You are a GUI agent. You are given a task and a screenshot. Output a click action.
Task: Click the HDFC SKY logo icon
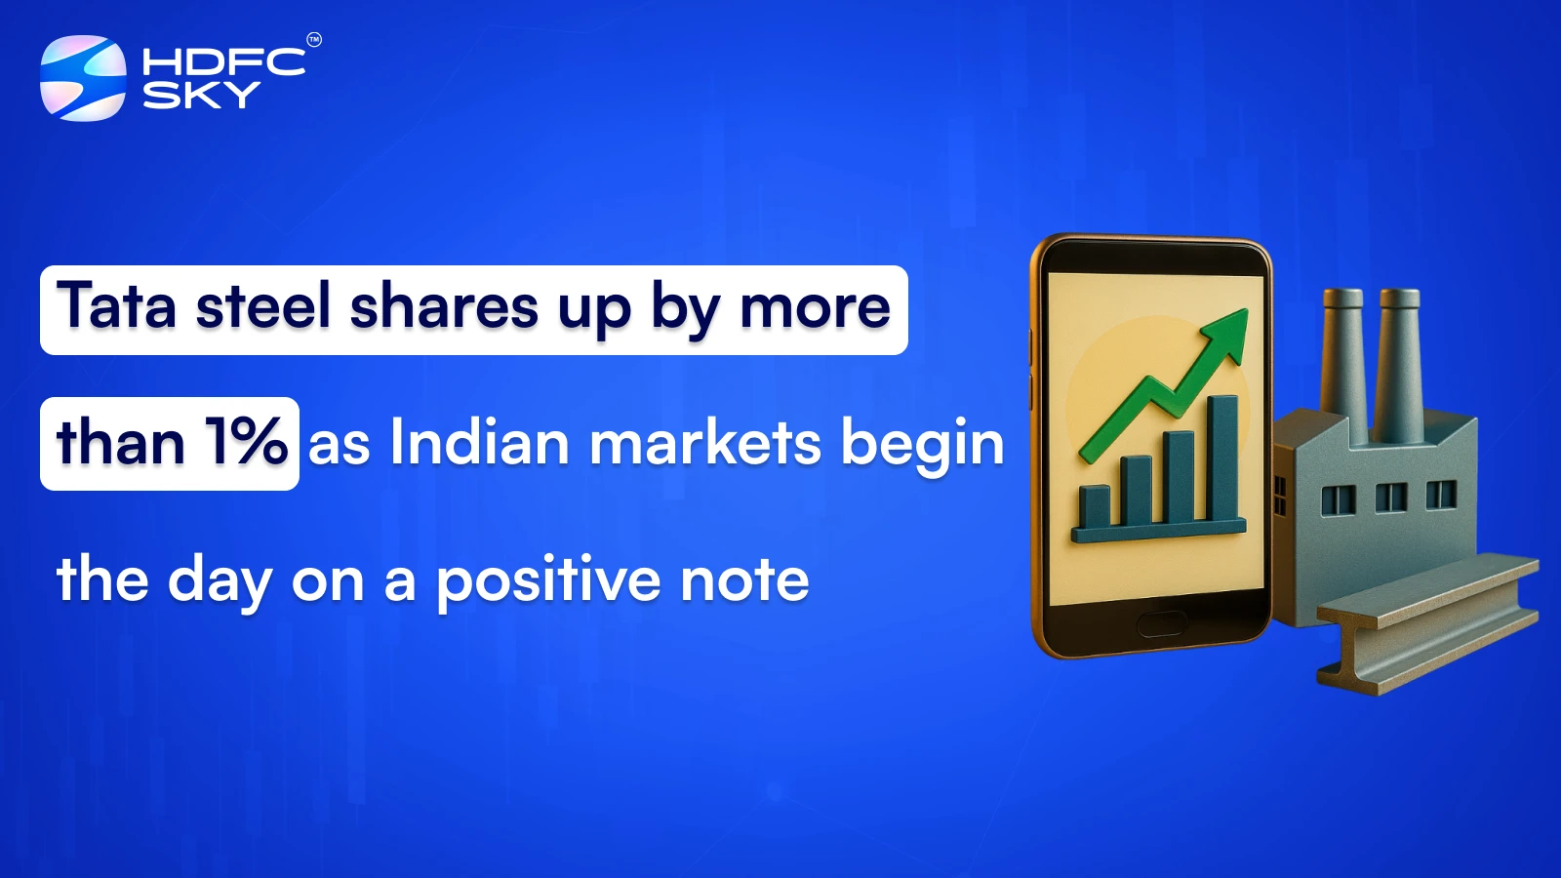point(83,78)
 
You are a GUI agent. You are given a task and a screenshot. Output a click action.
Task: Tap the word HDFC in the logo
point(223,62)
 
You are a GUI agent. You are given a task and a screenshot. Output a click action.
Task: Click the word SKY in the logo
point(201,95)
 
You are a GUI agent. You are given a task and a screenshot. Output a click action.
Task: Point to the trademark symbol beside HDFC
point(313,40)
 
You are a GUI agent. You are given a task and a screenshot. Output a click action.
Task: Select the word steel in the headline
point(263,306)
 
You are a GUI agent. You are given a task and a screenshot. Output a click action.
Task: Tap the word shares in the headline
point(444,306)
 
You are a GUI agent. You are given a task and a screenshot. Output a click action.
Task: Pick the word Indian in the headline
point(479,443)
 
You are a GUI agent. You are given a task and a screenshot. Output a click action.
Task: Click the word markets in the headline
point(705,443)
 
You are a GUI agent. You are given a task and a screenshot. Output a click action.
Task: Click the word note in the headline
point(744,580)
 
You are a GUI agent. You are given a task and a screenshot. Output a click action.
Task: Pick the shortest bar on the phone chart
point(1094,505)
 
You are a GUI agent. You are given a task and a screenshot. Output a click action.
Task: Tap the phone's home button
point(1161,623)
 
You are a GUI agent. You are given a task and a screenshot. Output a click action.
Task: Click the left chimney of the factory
point(1342,351)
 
